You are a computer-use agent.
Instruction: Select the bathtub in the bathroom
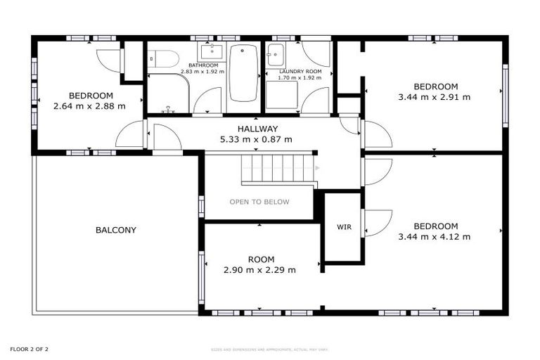tap(244, 72)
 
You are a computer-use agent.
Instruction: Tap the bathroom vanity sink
tap(210, 51)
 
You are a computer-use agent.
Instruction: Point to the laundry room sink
tap(276, 54)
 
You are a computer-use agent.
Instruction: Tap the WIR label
tap(344, 227)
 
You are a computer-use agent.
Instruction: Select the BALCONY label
tap(116, 230)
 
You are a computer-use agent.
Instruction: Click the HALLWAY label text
tap(257, 129)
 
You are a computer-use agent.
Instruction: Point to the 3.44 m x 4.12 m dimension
tap(434, 237)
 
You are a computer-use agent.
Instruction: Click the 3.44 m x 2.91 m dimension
tap(434, 98)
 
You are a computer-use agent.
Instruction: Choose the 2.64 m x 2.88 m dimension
tap(89, 107)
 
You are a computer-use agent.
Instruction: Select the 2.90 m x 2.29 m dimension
tap(259, 270)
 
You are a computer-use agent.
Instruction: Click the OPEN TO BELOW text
tap(259, 202)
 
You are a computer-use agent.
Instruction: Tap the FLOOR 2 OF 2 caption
tap(29, 349)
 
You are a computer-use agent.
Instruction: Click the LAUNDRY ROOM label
tap(300, 72)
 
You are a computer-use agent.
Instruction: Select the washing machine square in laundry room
tap(281, 95)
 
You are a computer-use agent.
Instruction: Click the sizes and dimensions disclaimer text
tap(270, 349)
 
